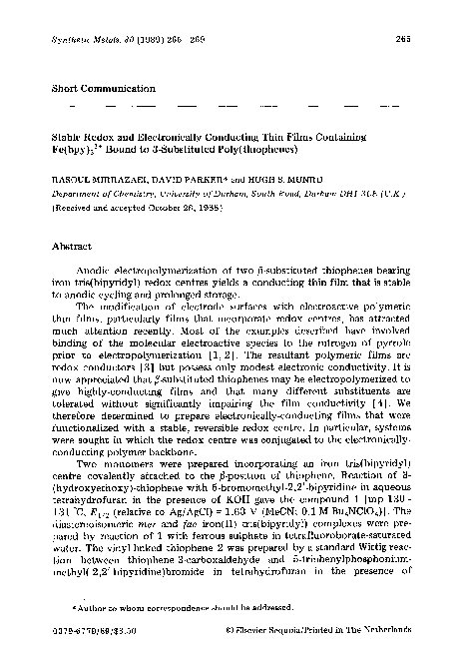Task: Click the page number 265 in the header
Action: coord(404,40)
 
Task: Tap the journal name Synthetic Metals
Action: coord(82,40)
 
